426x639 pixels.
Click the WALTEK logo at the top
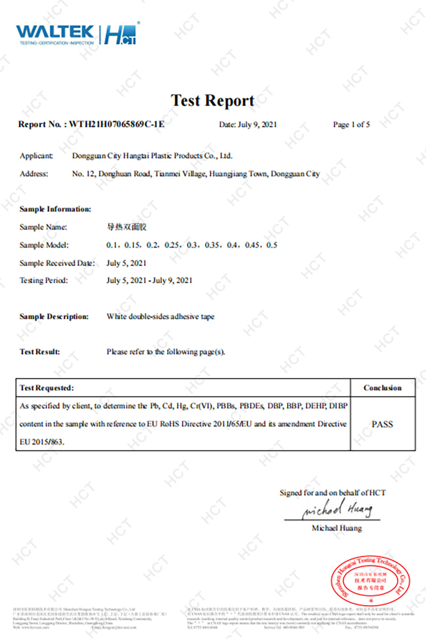[x=55, y=34]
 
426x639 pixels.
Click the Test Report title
[x=212, y=100]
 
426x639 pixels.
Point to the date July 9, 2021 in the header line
[x=248, y=125]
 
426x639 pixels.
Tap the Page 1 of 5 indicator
[x=351, y=125]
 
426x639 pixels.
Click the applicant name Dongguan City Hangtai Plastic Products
[x=152, y=156]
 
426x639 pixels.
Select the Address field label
[x=34, y=174]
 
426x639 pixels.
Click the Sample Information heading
[x=55, y=209]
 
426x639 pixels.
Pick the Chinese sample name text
[x=126, y=227]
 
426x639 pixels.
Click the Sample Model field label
[x=44, y=245]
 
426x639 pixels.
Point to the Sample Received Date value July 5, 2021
[x=126, y=263]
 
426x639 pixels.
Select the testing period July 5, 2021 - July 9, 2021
[x=149, y=281]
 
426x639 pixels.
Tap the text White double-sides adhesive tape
[x=160, y=316]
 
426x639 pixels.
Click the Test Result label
[x=40, y=352]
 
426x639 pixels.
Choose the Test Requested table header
[x=47, y=388]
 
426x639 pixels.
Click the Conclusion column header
[x=382, y=388]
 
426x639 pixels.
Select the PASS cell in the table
[x=382, y=424]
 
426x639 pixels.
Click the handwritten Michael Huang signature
[x=337, y=510]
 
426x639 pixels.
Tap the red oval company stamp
[x=368, y=577]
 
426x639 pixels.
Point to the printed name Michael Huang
[x=337, y=528]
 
